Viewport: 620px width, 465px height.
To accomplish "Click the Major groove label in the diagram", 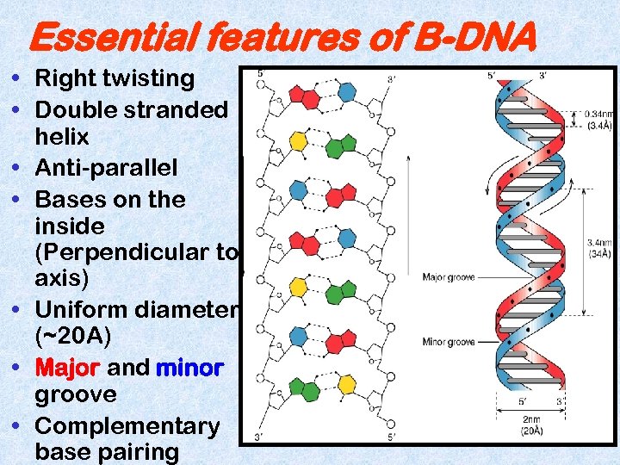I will (x=448, y=277).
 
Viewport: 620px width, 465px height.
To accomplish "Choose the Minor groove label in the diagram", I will (x=448, y=342).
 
